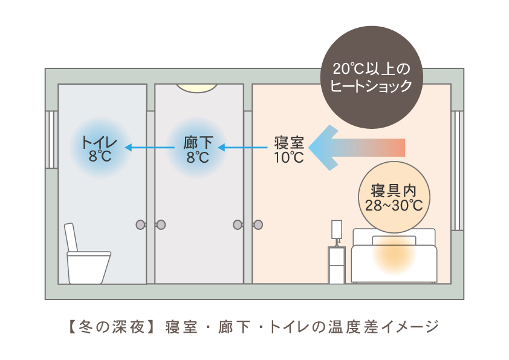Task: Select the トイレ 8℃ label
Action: pos(100,149)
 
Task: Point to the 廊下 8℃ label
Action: pos(198,149)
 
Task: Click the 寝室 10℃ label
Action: pos(289,150)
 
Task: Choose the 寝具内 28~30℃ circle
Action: pos(394,197)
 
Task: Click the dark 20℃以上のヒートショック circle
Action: pos(371,77)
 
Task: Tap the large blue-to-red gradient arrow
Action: pos(357,148)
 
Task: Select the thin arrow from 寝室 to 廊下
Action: pos(242,148)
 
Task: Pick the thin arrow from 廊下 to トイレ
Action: pos(150,148)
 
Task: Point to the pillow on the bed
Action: pos(394,240)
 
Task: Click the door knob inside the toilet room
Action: pos(141,224)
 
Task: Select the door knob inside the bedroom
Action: pos(258,224)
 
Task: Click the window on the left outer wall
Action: pos(51,139)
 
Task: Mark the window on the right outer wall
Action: pos(457,171)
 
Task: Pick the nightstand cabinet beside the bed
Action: pos(337,265)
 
